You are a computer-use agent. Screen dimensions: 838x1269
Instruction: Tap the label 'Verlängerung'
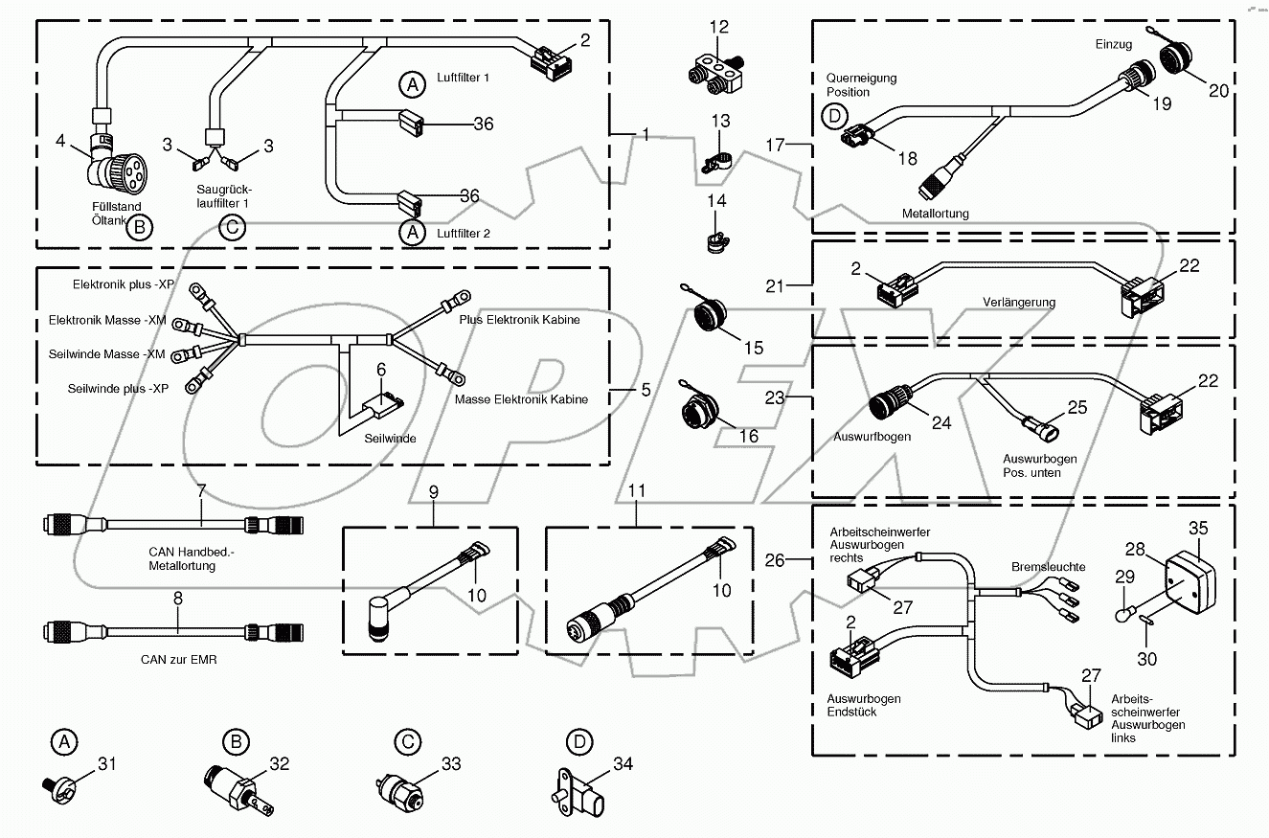(x=1019, y=303)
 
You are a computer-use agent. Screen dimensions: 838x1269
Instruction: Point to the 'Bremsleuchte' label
(x=1048, y=567)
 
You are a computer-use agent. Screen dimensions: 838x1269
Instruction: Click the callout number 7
(x=201, y=491)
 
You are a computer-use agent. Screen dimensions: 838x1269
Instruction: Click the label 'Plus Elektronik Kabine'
(x=518, y=320)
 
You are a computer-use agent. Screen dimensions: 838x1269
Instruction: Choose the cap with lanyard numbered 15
(x=707, y=315)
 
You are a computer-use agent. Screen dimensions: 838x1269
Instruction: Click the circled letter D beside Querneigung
(x=834, y=118)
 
